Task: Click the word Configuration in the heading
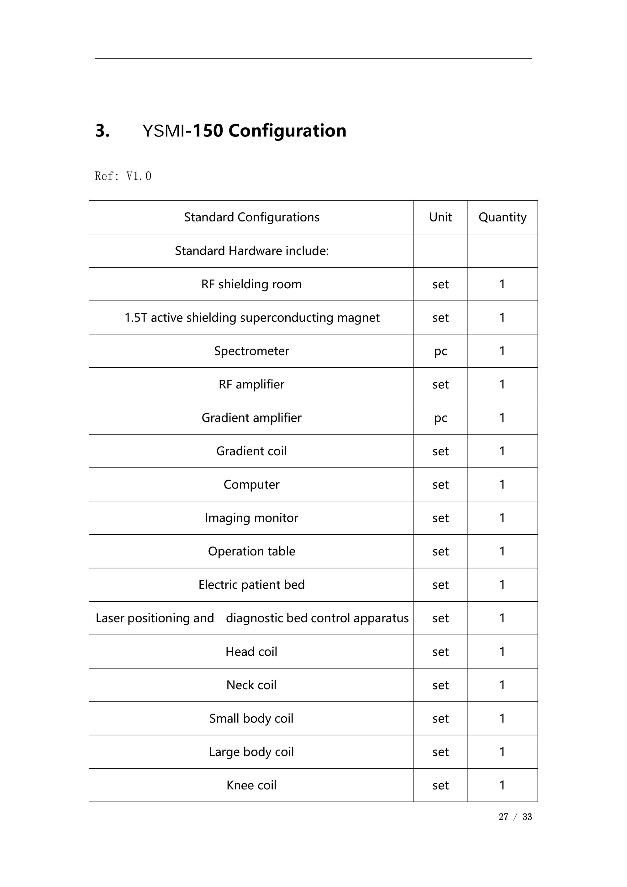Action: coord(287,131)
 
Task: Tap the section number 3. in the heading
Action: coord(102,131)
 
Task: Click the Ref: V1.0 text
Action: coord(123,176)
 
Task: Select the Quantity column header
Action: coord(502,217)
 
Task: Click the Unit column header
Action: coord(440,217)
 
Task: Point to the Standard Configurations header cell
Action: coord(251,217)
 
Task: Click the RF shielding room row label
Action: coord(251,284)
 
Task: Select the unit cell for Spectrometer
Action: coord(440,351)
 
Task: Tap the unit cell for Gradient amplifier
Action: coord(440,418)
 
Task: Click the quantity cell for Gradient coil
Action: coord(502,451)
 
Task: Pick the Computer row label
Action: coord(251,484)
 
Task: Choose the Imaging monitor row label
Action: coord(251,518)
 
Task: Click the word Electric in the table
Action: coord(218,585)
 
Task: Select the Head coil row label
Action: coord(251,651)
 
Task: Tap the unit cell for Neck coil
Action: coord(440,685)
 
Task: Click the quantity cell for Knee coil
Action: coord(502,785)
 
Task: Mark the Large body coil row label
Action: coord(251,752)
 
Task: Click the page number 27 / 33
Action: coord(515,817)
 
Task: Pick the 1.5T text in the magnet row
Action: coord(135,318)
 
